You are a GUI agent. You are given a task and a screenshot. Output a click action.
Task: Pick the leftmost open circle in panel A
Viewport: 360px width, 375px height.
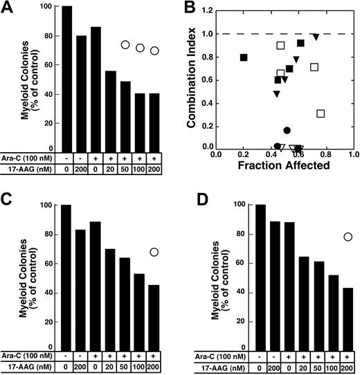tap(125, 45)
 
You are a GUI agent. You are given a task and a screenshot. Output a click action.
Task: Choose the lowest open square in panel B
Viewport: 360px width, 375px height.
tap(321, 113)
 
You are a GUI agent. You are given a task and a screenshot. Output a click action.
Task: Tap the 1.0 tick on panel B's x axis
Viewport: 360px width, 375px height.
tap(353, 156)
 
